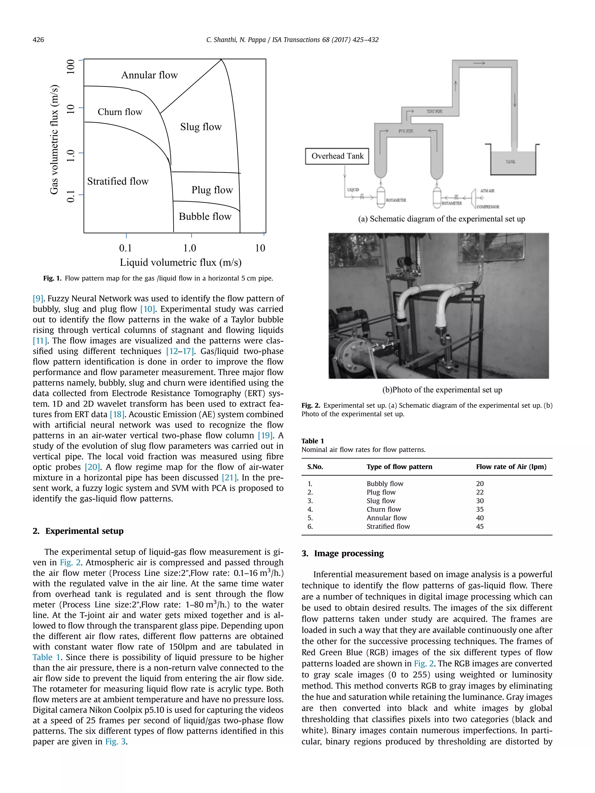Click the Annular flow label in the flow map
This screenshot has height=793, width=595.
[149, 75]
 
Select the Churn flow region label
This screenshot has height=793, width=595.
[120, 112]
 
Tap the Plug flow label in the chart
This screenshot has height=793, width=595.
[212, 190]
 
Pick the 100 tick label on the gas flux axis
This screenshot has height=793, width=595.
[71, 67]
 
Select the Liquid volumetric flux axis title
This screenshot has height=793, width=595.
[180, 262]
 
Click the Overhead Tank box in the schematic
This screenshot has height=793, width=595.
[337, 156]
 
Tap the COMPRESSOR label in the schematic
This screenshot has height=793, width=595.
[488, 207]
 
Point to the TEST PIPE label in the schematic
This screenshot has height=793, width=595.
[434, 112]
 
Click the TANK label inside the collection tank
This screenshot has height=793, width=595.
[510, 162]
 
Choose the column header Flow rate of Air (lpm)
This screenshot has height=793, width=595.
[511, 467]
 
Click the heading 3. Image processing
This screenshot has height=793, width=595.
[343, 553]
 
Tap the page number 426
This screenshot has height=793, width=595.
[38, 40]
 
